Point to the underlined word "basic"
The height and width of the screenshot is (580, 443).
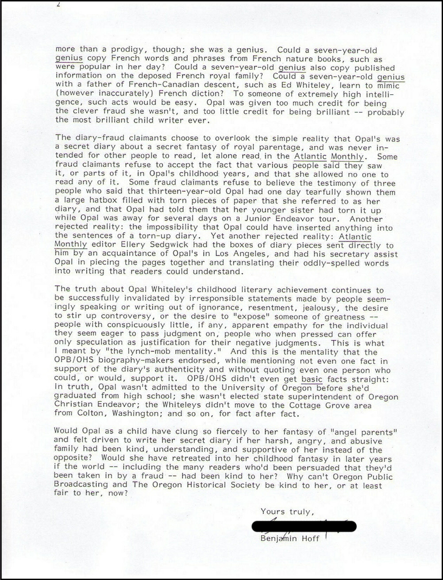[312, 379]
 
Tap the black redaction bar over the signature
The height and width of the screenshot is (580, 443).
[304, 526]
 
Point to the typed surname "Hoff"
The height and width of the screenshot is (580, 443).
[310, 539]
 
